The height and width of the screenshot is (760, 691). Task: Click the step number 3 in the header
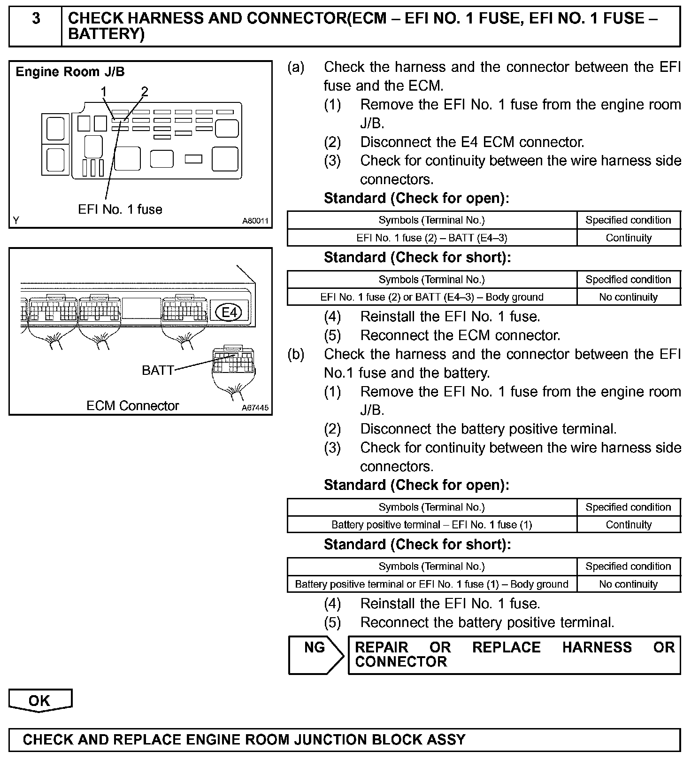point(36,19)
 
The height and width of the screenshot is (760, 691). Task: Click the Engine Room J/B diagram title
point(70,72)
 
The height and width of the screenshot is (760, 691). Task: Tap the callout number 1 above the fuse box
point(103,92)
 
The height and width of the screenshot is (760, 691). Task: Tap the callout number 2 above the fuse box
point(144,92)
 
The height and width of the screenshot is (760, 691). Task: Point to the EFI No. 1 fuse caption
point(120,209)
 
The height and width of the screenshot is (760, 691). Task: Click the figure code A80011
point(255,221)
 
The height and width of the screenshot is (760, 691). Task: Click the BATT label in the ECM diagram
point(158,370)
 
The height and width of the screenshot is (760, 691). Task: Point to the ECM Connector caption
point(132,405)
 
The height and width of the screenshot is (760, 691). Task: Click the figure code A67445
point(255,408)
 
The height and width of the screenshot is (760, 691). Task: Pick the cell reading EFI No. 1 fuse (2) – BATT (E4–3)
point(431,238)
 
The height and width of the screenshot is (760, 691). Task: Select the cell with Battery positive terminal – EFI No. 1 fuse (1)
point(431,525)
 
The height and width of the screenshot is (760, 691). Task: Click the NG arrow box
point(315,655)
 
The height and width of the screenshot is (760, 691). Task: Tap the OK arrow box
point(40,700)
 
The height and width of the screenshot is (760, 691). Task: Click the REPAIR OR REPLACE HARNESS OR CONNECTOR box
point(514,655)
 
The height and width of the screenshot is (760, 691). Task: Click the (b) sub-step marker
point(296,354)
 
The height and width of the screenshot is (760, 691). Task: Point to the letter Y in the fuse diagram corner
point(16,221)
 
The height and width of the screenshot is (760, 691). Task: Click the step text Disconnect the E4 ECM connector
point(472,142)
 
